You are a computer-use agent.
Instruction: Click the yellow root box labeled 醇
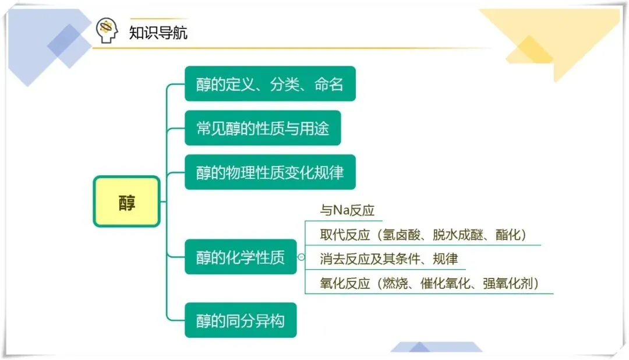126,202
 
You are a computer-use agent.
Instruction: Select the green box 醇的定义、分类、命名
270,84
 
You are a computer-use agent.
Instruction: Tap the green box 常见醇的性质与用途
263,128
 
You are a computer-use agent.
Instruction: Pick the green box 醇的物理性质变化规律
270,172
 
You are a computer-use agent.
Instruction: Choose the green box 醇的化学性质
241,257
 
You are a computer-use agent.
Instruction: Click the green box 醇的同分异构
241,320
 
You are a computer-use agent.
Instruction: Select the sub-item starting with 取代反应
423,235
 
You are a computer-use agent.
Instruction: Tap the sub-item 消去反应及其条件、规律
389,259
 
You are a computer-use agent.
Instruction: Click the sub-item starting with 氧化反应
429,284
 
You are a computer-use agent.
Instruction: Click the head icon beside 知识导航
107,31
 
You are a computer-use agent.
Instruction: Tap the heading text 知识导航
158,32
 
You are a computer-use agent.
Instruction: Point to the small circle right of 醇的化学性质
301,257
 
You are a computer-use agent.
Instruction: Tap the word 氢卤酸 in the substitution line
402,235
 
